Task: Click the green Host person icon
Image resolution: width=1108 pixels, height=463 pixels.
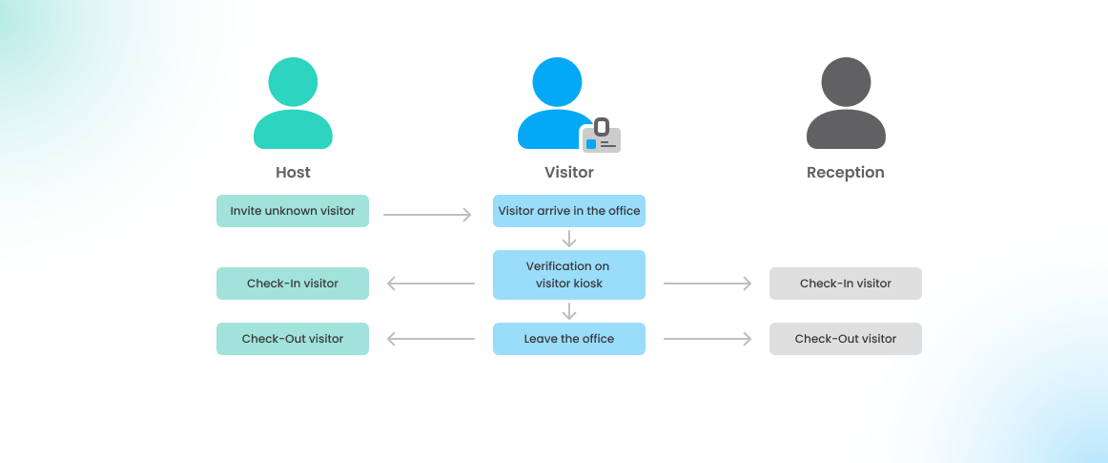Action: click(293, 104)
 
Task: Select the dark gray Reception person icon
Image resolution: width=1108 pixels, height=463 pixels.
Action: click(846, 104)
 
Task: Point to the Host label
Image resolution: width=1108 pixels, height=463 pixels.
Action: click(293, 173)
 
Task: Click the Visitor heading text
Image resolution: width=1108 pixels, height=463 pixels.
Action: click(569, 173)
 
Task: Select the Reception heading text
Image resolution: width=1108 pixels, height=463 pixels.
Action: click(846, 173)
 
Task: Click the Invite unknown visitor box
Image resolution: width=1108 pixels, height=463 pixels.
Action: click(293, 211)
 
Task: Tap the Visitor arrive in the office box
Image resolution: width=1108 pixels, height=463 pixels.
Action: click(569, 211)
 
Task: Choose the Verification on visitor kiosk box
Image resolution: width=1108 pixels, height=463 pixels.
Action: click(569, 275)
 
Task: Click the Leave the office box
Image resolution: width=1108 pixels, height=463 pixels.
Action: click(569, 339)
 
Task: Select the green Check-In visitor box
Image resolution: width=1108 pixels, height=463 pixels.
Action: click(293, 284)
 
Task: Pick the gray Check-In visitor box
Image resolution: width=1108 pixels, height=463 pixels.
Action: click(846, 284)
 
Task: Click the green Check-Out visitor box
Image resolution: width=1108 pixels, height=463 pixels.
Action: click(293, 339)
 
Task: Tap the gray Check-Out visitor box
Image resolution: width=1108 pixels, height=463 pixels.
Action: click(846, 339)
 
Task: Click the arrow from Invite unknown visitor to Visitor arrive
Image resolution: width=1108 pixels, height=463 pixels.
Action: click(427, 215)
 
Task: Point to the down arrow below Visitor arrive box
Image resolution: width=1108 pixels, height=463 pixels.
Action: click(569, 239)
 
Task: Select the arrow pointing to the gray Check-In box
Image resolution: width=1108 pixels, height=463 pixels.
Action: click(708, 284)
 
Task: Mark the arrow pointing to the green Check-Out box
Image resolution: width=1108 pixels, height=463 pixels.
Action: click(431, 339)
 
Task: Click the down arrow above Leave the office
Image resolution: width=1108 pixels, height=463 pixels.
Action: click(569, 311)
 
